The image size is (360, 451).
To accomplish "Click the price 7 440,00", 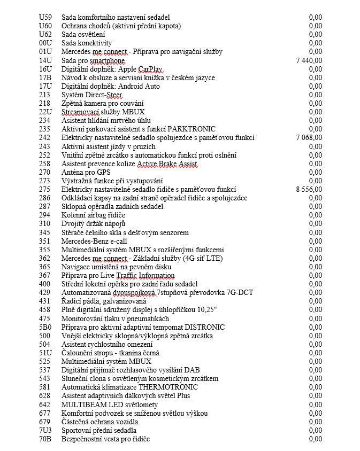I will tap(309, 60).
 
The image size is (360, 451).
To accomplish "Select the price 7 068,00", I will tap(309, 138).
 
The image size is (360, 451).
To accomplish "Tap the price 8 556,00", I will tap(309, 189).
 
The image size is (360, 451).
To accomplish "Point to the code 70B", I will tap(45, 439).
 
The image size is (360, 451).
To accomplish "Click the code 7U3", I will tap(45, 430).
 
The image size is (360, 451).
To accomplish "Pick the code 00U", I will tap(45, 43).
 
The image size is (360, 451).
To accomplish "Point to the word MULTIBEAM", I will tap(83, 405).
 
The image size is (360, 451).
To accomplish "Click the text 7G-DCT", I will tap(239, 292).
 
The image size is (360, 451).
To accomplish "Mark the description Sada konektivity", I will tap(87, 43).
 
